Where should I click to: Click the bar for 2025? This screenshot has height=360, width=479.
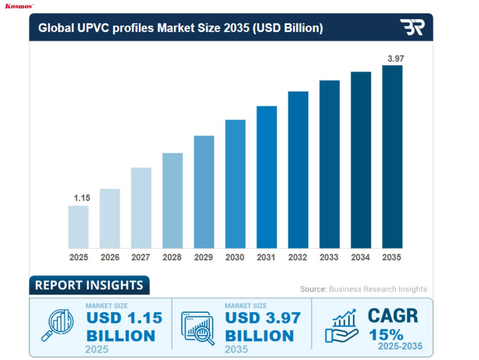pos(79,227)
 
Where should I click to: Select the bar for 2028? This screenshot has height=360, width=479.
pos(172,200)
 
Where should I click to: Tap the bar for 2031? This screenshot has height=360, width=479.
pos(267,177)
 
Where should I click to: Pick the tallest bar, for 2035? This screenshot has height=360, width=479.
pos(392,157)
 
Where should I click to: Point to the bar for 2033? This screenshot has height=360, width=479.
pos(330,164)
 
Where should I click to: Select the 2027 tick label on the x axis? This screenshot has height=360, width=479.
pos(141,257)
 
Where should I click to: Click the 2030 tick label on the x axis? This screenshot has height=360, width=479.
pos(235,257)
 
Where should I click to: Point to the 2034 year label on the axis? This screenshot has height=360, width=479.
pos(360,257)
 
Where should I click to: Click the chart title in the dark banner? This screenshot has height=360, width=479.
pos(181,28)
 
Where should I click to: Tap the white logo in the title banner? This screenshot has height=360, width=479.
pos(412,27)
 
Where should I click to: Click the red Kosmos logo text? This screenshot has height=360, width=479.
pos(19,6)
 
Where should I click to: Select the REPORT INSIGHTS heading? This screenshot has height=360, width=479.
pos(89,285)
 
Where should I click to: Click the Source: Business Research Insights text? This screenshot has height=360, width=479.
pos(363,289)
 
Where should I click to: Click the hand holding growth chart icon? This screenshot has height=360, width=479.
pos(341,326)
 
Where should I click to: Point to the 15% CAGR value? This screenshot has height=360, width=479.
pos(386,334)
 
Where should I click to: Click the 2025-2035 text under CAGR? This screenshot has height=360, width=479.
pos(400,346)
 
